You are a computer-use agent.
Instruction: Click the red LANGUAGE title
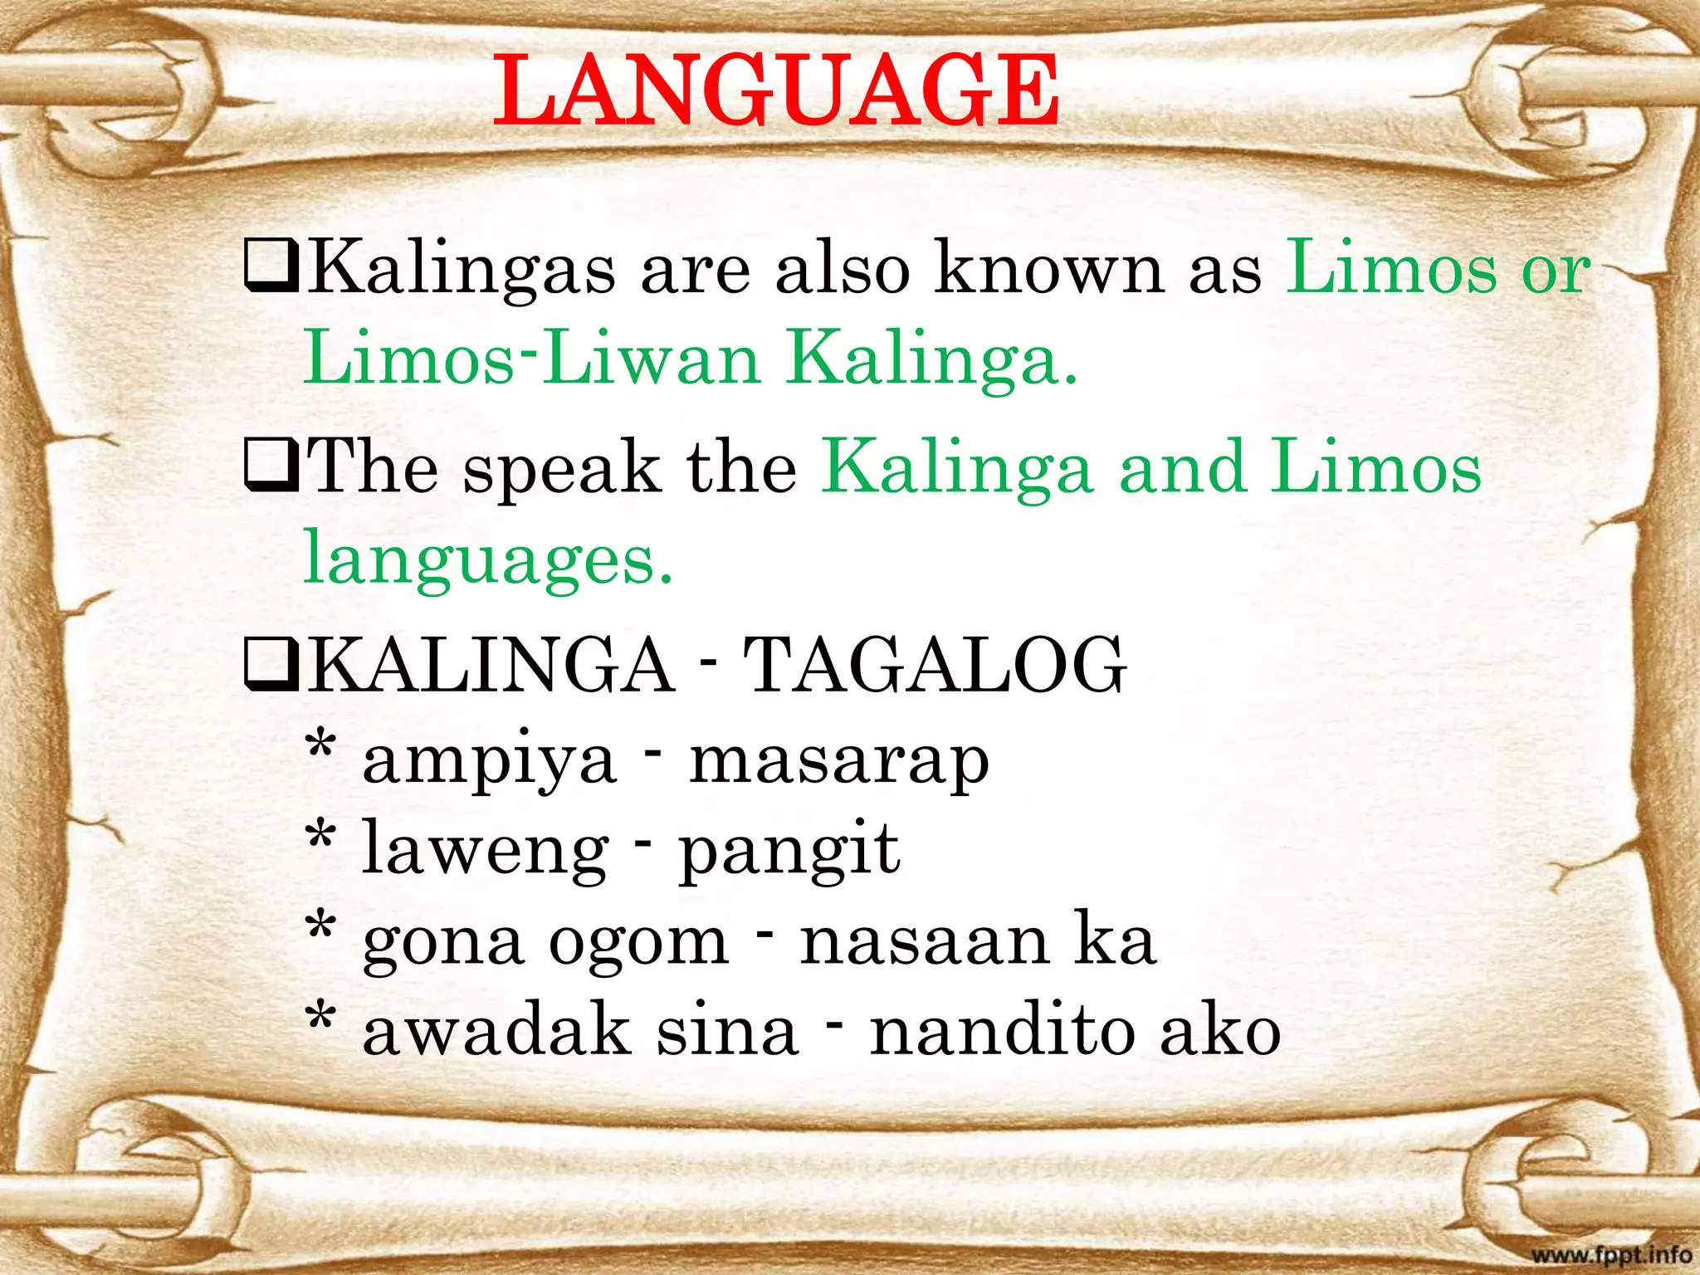[x=776, y=90]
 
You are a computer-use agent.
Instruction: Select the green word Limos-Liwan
[x=532, y=359]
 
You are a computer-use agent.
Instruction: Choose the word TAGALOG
[x=935, y=666]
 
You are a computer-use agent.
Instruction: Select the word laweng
[x=486, y=852]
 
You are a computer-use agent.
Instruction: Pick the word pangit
[x=789, y=852]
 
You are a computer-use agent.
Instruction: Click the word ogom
[x=638, y=943]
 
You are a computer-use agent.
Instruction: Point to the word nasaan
[x=924, y=941]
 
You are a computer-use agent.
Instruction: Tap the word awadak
[x=496, y=1032]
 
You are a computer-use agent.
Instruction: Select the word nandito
[x=999, y=1032]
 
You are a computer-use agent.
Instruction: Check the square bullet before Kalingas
[x=271, y=267]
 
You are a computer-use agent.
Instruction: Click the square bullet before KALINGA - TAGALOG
[x=271, y=667]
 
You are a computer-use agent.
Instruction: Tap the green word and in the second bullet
[x=1182, y=467]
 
